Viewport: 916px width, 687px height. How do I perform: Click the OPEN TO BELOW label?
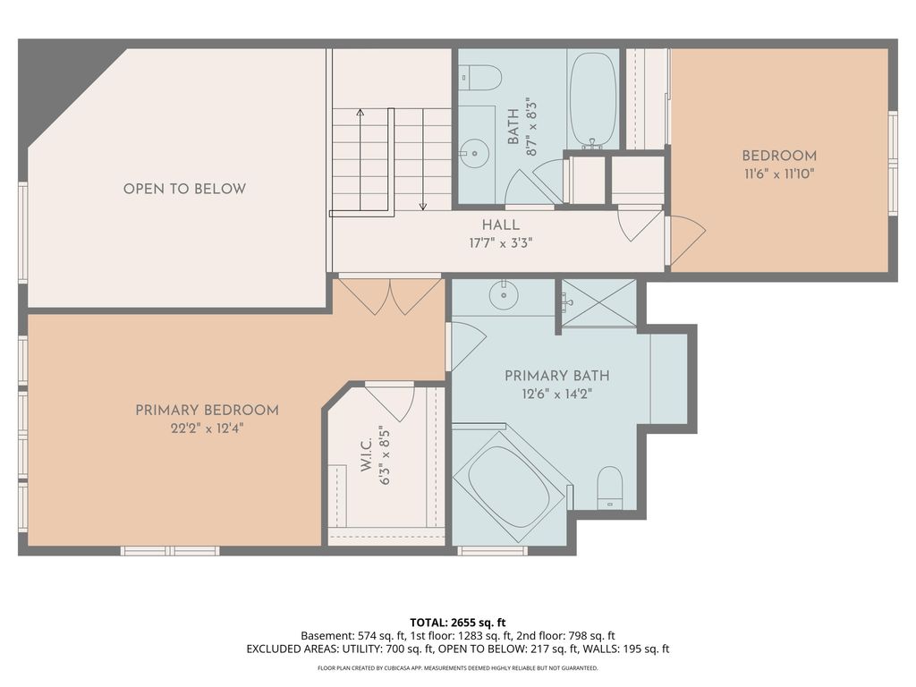pos(184,189)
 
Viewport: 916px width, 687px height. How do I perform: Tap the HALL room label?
pos(501,225)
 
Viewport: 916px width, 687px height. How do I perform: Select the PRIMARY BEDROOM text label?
pos(207,410)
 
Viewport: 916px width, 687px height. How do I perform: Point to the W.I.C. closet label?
pos(366,455)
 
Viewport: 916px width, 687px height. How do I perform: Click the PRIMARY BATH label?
pos(556,376)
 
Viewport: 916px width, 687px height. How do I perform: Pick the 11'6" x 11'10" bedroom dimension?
pos(779,174)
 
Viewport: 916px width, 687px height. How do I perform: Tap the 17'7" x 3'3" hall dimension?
pos(501,242)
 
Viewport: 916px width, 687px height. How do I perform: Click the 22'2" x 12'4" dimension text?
pos(207,428)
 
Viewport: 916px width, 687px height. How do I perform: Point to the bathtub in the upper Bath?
pos(593,99)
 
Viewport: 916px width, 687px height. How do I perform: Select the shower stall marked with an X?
pos(598,302)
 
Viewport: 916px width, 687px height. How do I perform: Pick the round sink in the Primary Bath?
pos(504,295)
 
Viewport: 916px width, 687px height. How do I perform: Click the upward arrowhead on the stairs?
pos(360,112)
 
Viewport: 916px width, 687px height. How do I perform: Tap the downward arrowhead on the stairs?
pos(423,207)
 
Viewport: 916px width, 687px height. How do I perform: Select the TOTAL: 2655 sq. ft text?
pos(457,623)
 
